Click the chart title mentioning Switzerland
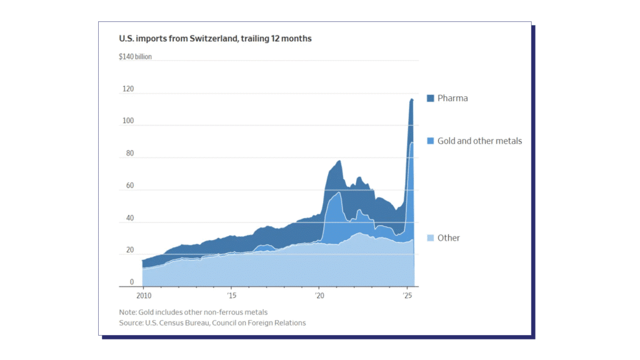coord(215,39)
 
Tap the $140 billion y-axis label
coord(135,57)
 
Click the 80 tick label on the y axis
coord(129,153)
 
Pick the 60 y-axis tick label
coord(129,186)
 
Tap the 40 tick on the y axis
coord(129,218)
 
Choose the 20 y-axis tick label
coord(129,250)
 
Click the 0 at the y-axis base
coord(131,282)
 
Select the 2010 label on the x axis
coord(143,296)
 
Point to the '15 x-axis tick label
coord(231,296)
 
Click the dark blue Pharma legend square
coord(430,98)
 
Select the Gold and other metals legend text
coord(479,141)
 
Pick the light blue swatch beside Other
coord(430,238)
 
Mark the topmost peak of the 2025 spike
coord(411,99)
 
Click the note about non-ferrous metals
coord(193,312)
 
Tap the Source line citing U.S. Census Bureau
coord(212,323)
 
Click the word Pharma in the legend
coord(452,98)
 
